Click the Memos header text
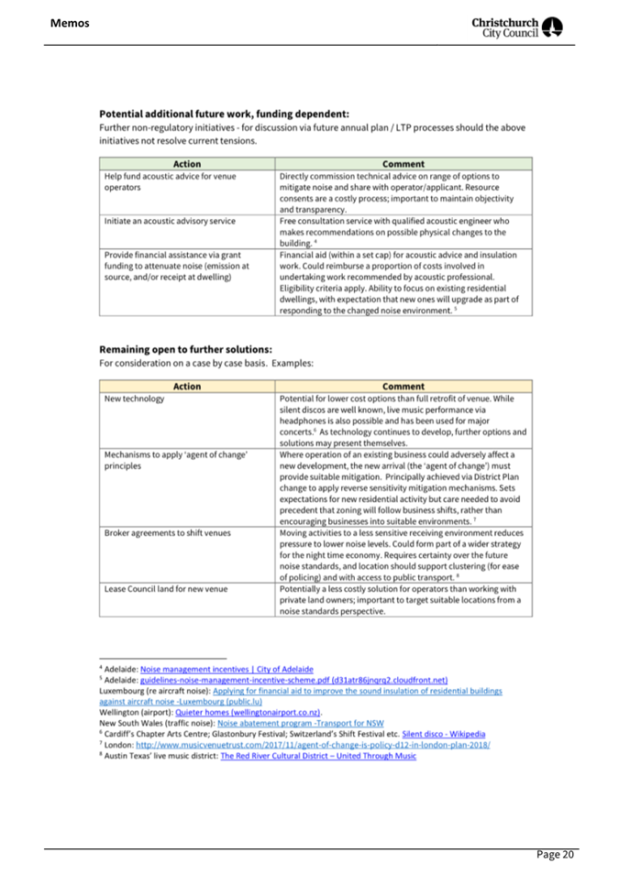pos(71,22)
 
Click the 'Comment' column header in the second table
pos(403,386)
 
